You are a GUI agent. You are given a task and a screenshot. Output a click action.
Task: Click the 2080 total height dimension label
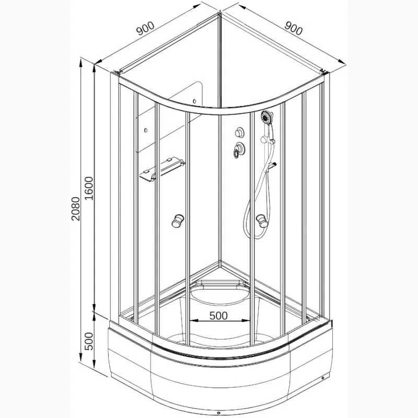tap(76, 208)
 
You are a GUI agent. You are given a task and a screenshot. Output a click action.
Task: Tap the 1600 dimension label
tap(88, 188)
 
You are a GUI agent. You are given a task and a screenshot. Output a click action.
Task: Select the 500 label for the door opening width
tap(218, 316)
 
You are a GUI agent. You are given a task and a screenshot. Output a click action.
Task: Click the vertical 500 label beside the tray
tap(88, 342)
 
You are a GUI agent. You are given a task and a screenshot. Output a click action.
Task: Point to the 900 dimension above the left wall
tap(145, 29)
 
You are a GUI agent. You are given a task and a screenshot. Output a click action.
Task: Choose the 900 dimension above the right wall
tap(294, 28)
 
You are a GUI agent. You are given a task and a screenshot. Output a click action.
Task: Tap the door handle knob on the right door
tap(262, 220)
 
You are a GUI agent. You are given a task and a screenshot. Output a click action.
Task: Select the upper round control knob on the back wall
tap(239, 132)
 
